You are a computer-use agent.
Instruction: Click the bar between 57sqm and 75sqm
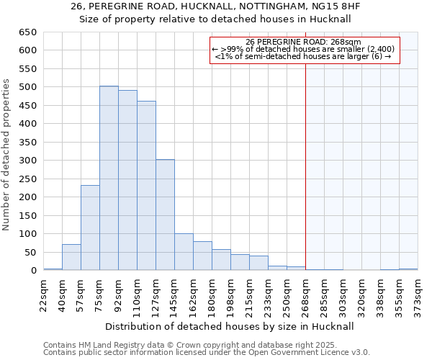[x=90, y=228]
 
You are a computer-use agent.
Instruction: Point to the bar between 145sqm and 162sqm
[x=184, y=252]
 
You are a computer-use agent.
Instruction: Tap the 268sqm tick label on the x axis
[x=305, y=295]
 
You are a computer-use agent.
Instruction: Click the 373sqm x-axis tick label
[x=418, y=295]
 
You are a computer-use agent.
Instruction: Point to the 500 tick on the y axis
[x=27, y=87]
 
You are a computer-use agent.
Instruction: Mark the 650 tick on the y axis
[x=27, y=32]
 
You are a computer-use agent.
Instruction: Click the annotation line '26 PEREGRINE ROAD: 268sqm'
[x=303, y=42]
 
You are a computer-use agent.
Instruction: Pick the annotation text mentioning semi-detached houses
[x=303, y=56]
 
